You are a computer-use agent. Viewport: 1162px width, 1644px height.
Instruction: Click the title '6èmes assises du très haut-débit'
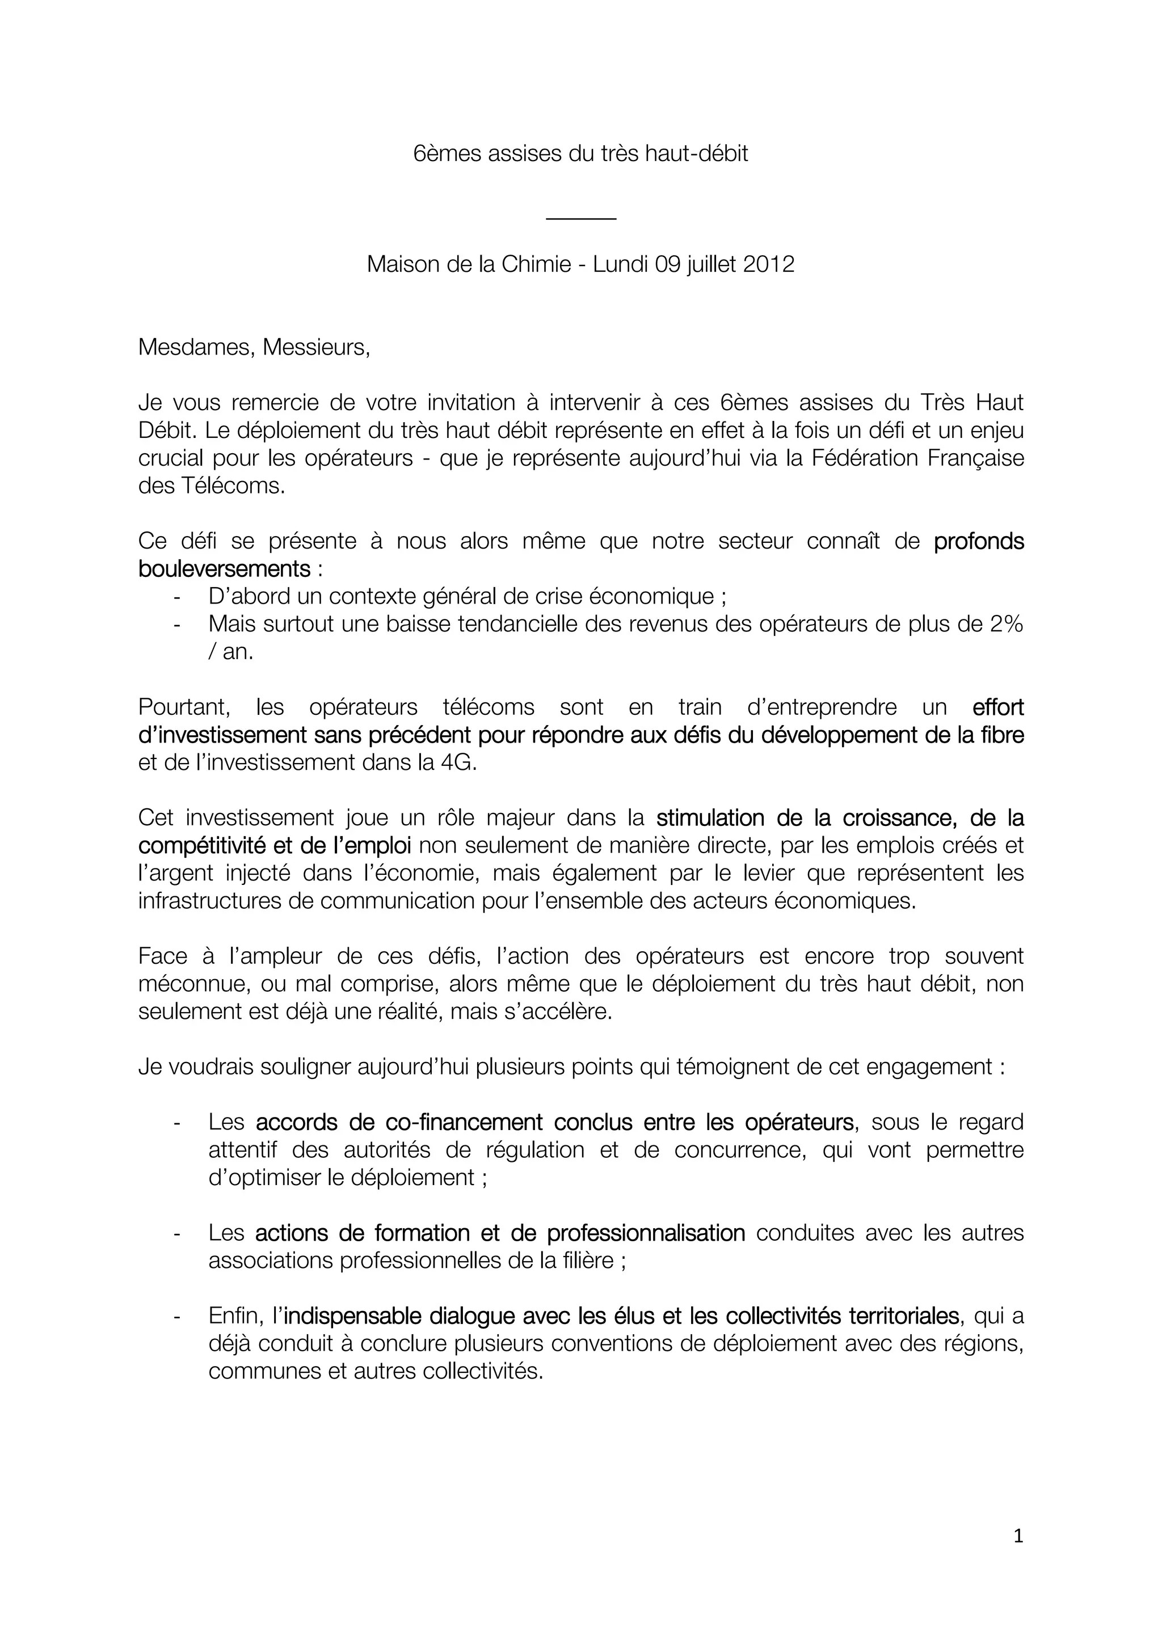(x=580, y=154)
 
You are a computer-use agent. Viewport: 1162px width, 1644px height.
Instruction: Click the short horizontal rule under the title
(x=580, y=218)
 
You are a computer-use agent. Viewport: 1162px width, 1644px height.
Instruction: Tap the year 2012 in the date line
(x=768, y=264)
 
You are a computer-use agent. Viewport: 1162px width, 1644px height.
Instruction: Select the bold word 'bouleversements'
(x=224, y=569)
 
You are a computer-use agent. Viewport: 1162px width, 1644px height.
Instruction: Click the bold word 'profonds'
(x=979, y=541)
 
